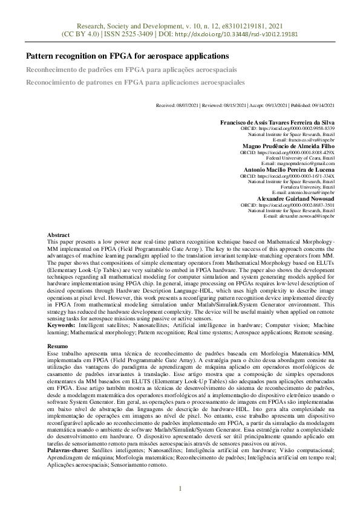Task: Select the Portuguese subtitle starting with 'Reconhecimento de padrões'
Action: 131,70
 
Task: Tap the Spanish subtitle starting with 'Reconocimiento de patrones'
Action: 135,82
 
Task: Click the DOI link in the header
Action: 236,35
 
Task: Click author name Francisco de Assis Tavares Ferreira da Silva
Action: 277,122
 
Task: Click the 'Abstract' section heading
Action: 58,235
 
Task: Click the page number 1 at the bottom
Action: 180,488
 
